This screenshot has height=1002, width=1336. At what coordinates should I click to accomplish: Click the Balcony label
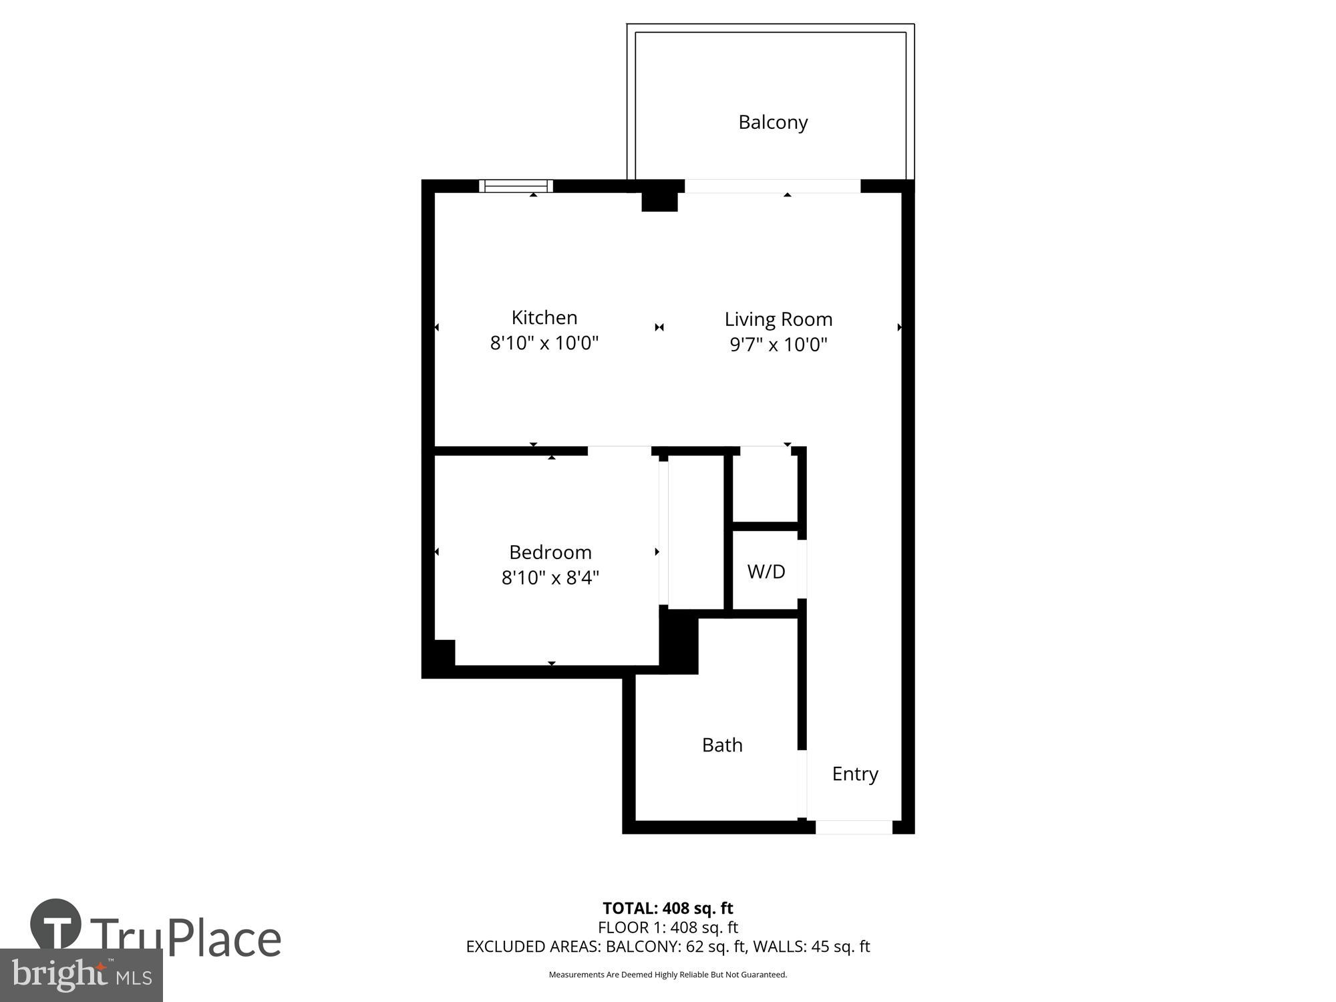click(x=773, y=122)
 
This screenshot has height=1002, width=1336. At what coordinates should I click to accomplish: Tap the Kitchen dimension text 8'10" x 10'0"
click(x=544, y=343)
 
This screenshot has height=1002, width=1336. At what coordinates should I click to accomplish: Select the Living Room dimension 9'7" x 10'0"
click(x=778, y=345)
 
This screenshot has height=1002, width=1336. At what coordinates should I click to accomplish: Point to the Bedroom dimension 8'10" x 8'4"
click(x=550, y=577)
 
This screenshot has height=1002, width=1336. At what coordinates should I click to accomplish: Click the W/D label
click(x=766, y=571)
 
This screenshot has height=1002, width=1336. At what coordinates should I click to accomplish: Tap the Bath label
click(x=721, y=745)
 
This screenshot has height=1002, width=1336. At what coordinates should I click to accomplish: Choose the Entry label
click(x=854, y=774)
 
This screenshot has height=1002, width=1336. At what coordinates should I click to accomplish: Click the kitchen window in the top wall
click(x=516, y=186)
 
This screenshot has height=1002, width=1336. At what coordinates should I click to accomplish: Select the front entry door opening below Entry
click(x=854, y=827)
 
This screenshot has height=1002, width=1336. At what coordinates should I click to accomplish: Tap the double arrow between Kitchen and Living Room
click(x=659, y=327)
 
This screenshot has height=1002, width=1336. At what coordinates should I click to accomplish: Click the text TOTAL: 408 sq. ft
click(x=667, y=908)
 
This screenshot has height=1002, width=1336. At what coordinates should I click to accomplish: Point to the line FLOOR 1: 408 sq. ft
click(x=667, y=927)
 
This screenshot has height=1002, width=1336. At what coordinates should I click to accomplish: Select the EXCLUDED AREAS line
click(x=667, y=947)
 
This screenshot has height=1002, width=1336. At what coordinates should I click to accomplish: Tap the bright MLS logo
click(x=81, y=976)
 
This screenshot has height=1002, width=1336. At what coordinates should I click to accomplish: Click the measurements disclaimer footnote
click(x=667, y=975)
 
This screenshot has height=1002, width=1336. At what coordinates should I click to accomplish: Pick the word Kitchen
click(x=544, y=317)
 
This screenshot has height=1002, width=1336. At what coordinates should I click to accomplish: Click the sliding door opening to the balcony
click(x=772, y=186)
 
